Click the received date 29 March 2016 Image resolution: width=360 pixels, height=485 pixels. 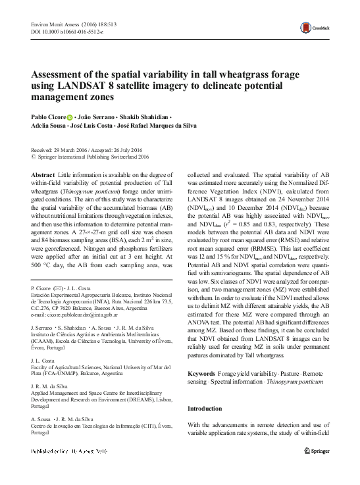80,151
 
